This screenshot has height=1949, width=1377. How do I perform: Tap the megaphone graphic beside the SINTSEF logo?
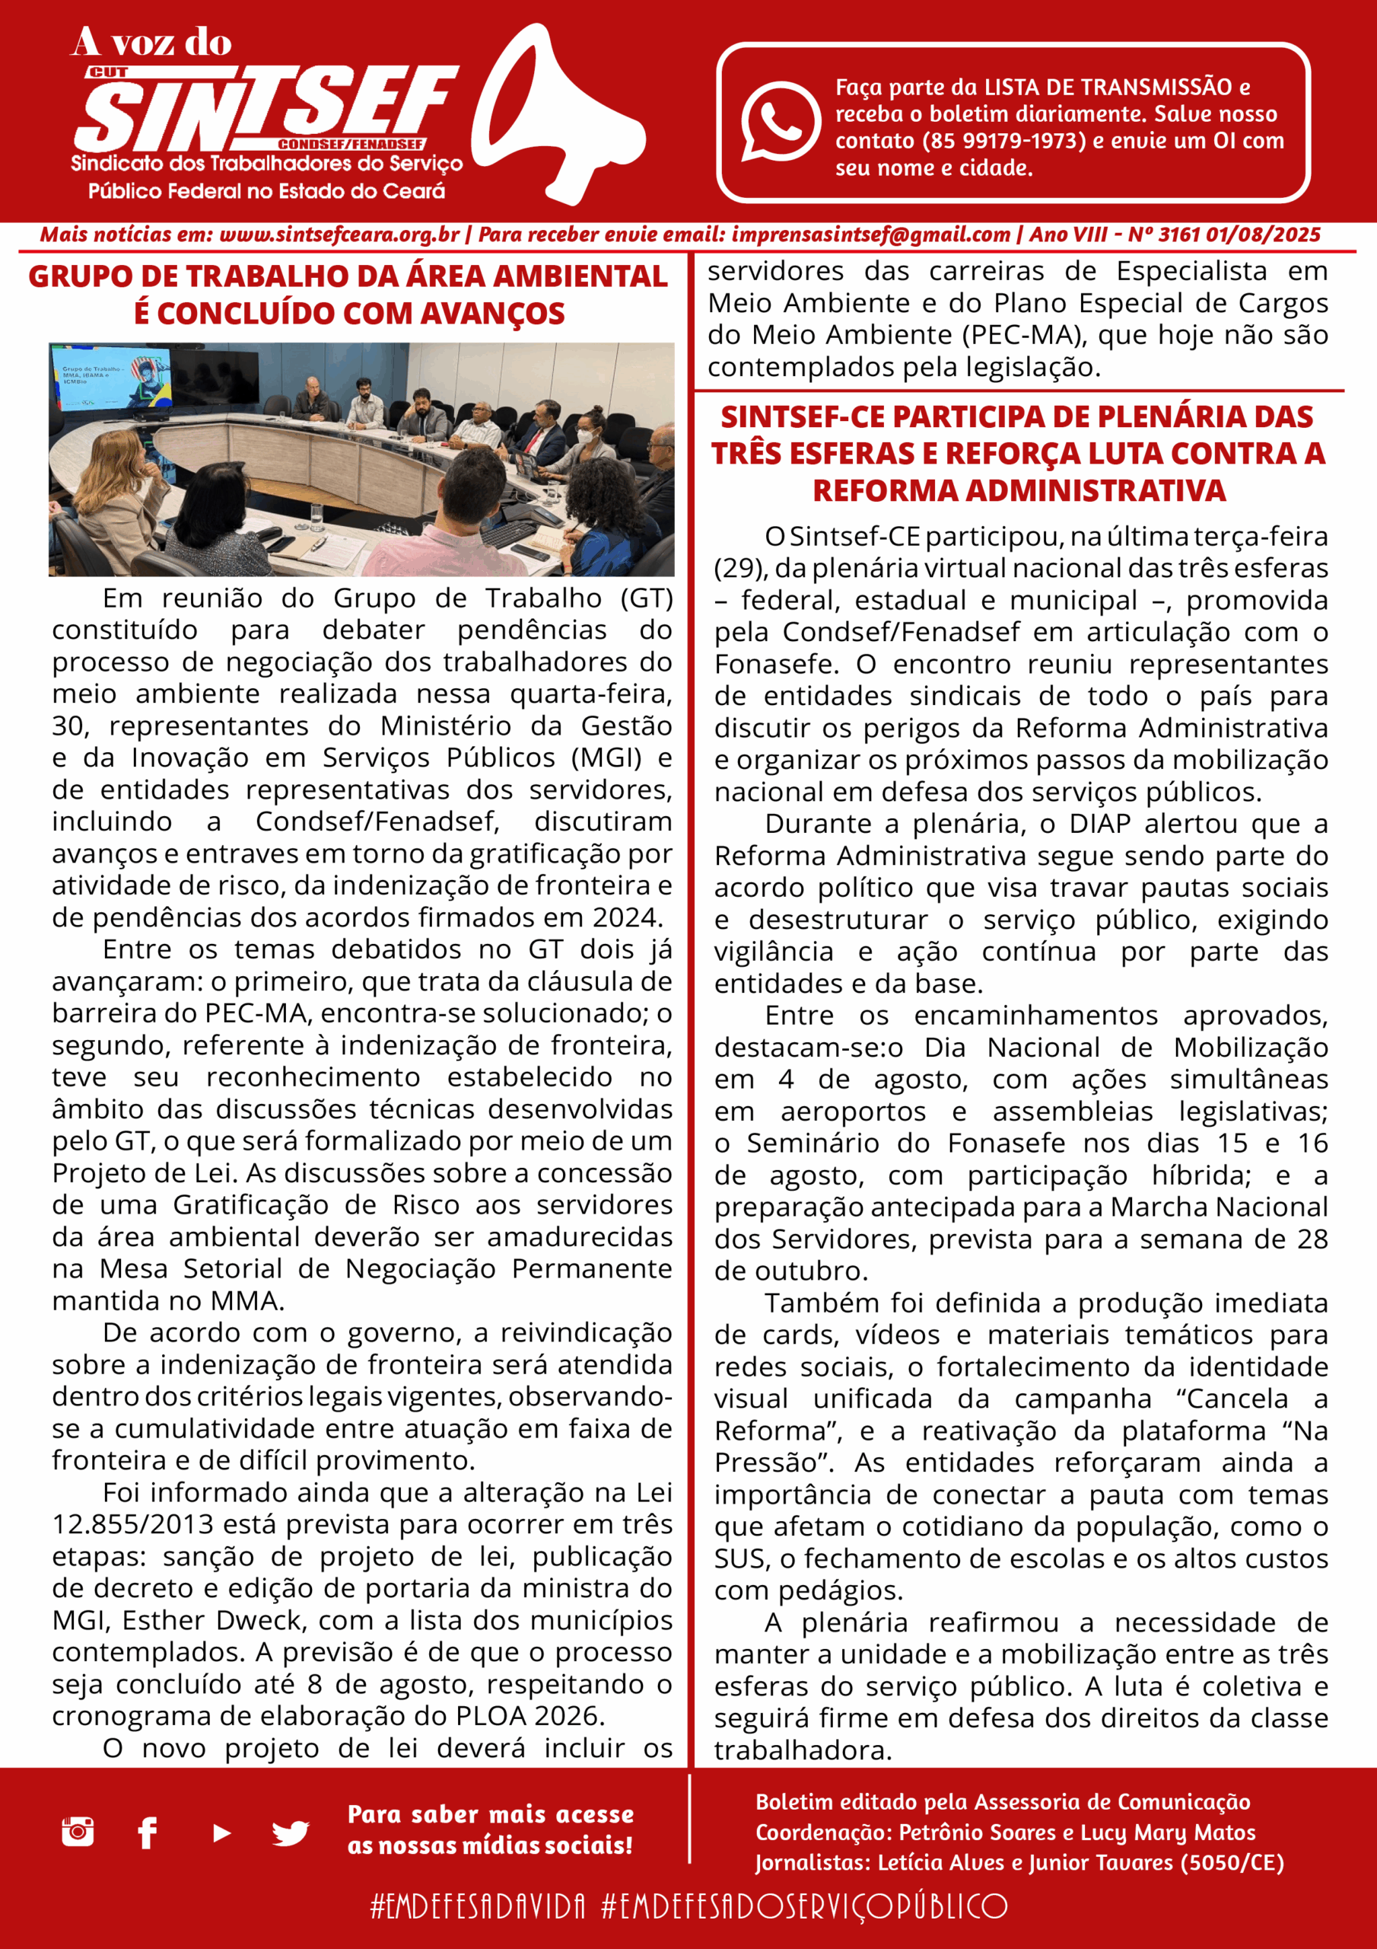tap(552, 119)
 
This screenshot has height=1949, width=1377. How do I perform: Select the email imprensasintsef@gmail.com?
tap(870, 235)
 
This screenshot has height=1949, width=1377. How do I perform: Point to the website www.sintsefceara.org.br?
tap(339, 235)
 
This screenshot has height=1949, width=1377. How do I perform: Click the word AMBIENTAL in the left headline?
tap(580, 276)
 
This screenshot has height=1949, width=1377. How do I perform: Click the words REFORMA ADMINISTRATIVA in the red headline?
tap(1019, 490)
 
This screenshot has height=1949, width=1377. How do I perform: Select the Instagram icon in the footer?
tap(78, 1832)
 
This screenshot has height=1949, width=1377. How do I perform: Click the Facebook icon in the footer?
tap(147, 1833)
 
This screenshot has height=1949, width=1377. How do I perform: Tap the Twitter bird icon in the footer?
tap(290, 1833)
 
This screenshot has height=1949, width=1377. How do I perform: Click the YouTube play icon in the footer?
tap(221, 1833)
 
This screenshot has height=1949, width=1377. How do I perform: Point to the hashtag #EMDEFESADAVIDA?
tap(478, 1906)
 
